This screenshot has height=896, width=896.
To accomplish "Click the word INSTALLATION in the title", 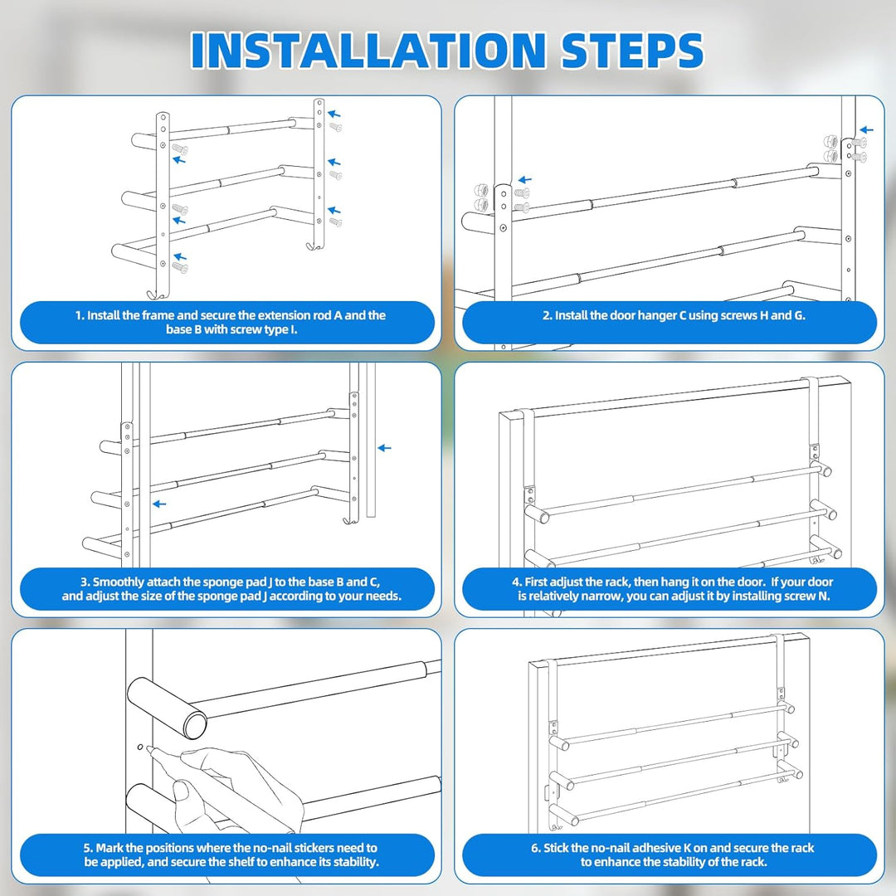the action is tap(368, 51).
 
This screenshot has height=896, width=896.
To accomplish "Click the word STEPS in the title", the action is tap(632, 51).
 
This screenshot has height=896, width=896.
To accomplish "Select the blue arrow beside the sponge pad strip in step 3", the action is tap(385, 448).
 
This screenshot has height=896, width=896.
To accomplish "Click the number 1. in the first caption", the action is tap(80, 315).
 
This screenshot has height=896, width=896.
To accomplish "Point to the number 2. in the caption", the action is tap(548, 315).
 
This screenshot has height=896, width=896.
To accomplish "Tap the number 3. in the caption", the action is tap(85, 582).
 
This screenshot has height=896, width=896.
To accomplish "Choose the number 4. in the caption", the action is tap(517, 582).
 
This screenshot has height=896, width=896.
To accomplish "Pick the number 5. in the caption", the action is tap(89, 848).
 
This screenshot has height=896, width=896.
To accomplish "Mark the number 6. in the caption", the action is tap(536, 848).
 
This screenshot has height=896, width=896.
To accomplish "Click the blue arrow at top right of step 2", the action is tap(867, 129).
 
